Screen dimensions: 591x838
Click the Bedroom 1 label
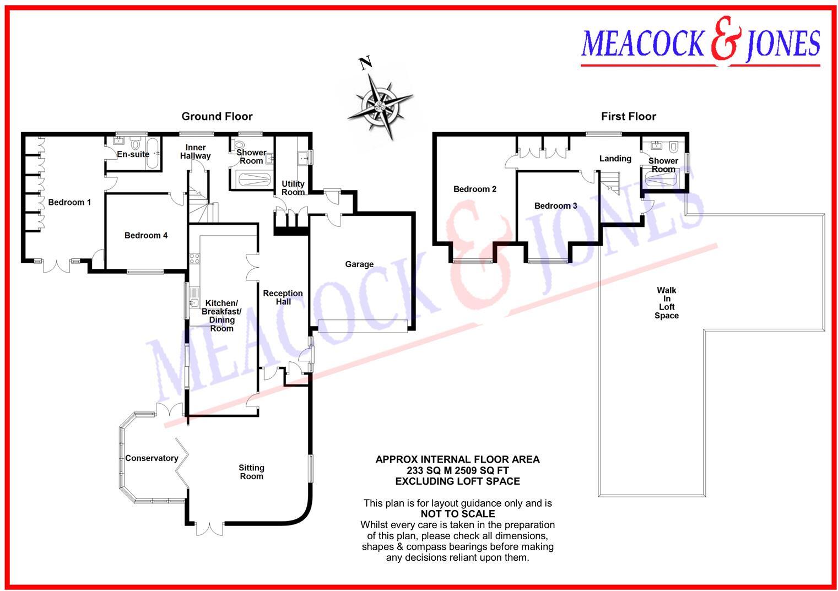tap(69, 202)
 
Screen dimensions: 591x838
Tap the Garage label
tap(359, 264)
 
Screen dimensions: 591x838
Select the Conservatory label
tap(152, 458)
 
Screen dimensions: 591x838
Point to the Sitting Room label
tap(251, 472)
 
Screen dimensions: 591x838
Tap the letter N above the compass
tap(364, 63)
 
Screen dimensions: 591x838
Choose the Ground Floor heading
tap(217, 116)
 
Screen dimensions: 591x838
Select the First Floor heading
tap(628, 116)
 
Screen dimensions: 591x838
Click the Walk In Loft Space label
tap(666, 303)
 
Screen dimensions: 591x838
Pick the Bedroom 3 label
tap(555, 206)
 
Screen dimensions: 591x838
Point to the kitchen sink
tap(193, 303)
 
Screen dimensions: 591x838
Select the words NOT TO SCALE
tap(457, 514)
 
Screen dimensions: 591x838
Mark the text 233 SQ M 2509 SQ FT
tap(457, 470)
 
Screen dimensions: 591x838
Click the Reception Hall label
tap(283, 297)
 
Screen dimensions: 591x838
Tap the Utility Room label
tap(293, 188)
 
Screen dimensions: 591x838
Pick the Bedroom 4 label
tap(145, 236)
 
